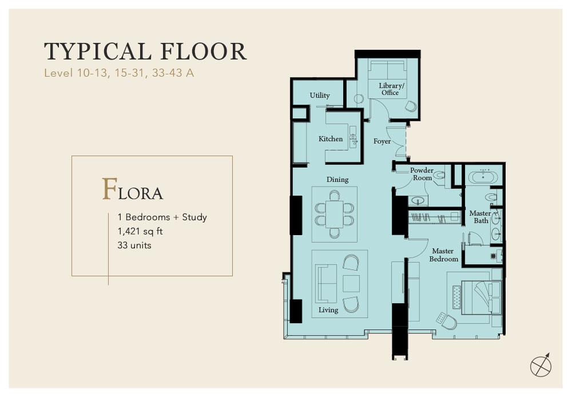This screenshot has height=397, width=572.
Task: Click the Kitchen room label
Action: (331, 138)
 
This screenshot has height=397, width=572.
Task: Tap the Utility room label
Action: (320, 95)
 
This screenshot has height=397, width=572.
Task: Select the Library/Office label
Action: (391, 89)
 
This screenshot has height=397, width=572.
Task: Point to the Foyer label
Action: (382, 141)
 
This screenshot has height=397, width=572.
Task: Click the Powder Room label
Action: (422, 174)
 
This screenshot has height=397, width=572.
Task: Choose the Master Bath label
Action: (480, 217)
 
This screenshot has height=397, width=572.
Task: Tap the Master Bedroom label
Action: (444, 255)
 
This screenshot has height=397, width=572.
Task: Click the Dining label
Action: (337, 180)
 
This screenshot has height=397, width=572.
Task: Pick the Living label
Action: (328, 310)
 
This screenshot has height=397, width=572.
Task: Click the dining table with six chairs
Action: (334, 214)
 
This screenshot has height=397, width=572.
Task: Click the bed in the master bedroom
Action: (482, 297)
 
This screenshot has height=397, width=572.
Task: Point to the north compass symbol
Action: (541, 364)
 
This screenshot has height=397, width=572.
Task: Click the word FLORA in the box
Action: (133, 189)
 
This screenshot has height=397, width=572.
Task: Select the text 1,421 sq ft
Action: (140, 231)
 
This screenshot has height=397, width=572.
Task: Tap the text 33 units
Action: (134, 245)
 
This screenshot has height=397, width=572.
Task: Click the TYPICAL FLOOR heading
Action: (145, 51)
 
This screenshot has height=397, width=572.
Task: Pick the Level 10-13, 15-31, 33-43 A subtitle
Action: (119, 73)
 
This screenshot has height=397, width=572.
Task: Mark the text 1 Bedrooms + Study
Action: (162, 217)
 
